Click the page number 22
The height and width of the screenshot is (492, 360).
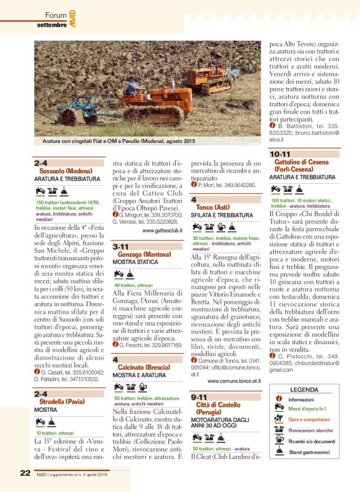pos(25,473)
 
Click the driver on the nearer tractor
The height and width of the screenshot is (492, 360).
pos(131,87)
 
